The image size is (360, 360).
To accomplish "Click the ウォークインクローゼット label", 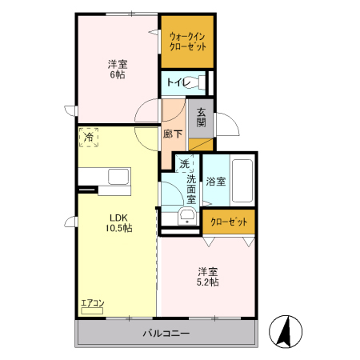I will point(188,41).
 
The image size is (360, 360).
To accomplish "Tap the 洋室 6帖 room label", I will point(118,69).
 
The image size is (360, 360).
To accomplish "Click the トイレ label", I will point(178,82).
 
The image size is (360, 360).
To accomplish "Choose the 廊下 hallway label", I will point(173,134).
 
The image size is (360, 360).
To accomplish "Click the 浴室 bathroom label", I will point(214,182).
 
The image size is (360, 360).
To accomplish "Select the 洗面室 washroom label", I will point(192,190).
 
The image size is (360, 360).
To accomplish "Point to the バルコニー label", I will point(166,333).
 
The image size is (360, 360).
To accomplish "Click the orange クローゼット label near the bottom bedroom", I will point(229,222).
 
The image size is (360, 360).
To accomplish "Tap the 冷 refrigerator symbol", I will point(90,138).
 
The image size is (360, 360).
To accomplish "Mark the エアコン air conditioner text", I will point(92,303).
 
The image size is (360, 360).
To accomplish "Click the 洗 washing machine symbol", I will point(184,164).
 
